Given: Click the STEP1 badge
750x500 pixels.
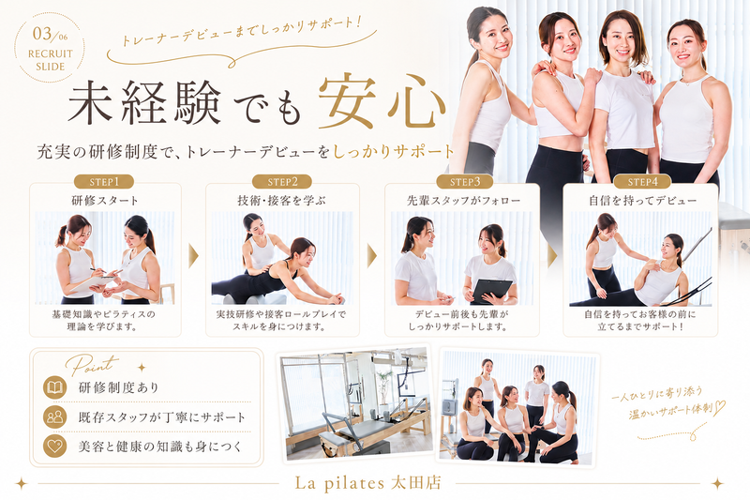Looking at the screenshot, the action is click(x=104, y=182).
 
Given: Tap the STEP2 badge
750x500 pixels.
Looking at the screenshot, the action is click(x=282, y=182).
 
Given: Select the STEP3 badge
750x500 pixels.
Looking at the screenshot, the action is click(x=465, y=182).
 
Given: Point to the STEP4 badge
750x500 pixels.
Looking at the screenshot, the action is click(x=642, y=182).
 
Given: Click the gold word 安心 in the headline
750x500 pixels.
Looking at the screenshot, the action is click(x=382, y=102).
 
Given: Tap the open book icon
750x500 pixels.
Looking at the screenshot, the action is click(x=54, y=386).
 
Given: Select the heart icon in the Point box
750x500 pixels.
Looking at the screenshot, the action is click(x=54, y=446).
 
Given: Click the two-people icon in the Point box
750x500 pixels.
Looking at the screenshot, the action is click(x=54, y=417).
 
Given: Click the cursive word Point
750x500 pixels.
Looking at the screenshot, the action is click(x=92, y=365).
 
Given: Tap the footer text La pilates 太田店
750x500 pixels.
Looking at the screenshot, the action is click(x=367, y=482).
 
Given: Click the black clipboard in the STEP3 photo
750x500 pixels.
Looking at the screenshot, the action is click(x=490, y=291).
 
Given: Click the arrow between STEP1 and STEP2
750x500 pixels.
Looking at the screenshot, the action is click(x=193, y=256).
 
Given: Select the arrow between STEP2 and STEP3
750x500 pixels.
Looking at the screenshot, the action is click(x=371, y=256).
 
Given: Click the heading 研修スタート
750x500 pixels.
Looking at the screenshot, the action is click(x=105, y=200).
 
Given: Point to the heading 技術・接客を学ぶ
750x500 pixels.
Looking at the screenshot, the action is click(x=282, y=200).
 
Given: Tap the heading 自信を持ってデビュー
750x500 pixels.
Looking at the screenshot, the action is click(x=642, y=200).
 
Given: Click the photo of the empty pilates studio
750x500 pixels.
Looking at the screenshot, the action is click(x=356, y=403).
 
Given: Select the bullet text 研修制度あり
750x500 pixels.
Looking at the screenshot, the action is click(x=118, y=387).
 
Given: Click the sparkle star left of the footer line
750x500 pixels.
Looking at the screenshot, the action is click(x=21, y=483).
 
